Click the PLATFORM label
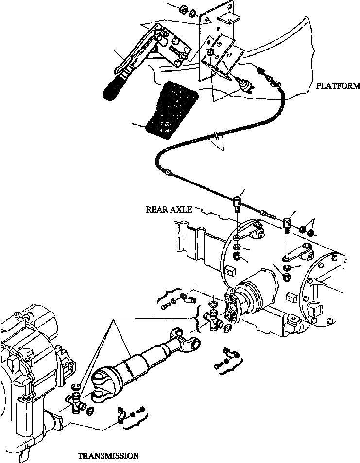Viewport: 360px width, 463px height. point(338,86)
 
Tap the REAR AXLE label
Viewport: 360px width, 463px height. point(169,210)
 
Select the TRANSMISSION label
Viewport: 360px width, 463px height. point(108,456)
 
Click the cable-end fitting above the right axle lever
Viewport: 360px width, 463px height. point(287,224)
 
